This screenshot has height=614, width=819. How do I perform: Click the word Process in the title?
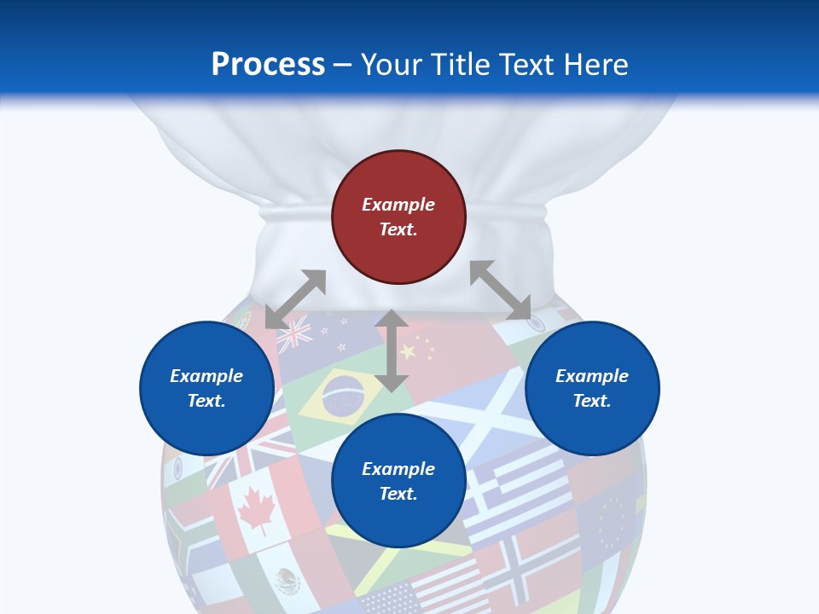point(268,65)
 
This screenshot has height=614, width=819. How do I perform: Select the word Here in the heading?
point(594,65)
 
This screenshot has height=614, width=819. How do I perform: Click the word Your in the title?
point(393,65)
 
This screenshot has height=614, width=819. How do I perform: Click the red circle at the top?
point(398,217)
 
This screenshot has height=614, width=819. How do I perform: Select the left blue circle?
point(206,388)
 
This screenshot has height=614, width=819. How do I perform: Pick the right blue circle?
point(592,388)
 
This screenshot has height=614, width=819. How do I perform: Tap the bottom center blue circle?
point(398,481)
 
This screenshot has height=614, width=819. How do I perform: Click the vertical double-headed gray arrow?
point(392,350)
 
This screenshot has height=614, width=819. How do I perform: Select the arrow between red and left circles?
point(295,298)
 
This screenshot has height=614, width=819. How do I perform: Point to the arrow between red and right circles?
point(501,290)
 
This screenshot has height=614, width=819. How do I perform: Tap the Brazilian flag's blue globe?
point(343,395)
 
